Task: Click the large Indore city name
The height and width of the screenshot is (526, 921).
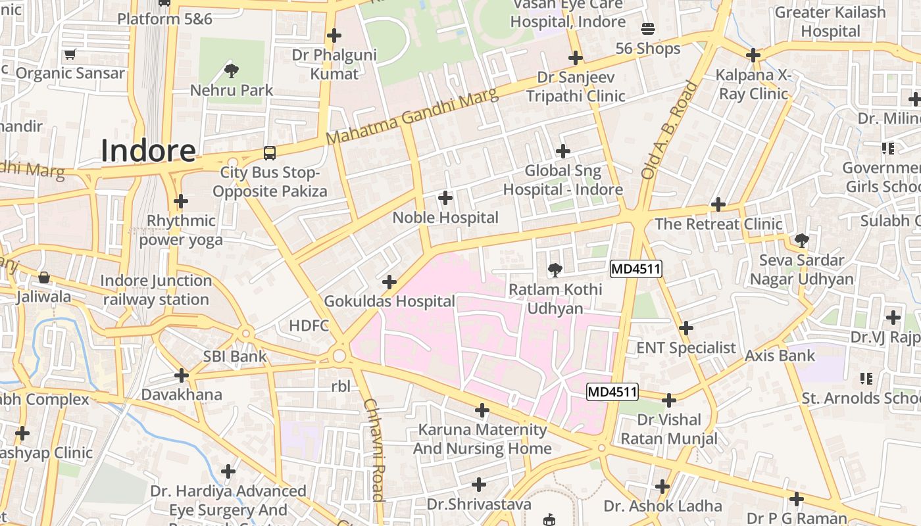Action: [x=148, y=151]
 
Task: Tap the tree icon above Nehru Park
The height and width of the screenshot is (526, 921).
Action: [x=231, y=70]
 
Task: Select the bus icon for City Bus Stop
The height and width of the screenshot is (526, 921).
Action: [x=269, y=153]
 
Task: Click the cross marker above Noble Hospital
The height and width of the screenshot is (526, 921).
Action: [x=445, y=197]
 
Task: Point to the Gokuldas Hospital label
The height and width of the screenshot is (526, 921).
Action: [x=389, y=301]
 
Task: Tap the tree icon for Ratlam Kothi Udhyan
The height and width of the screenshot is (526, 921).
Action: [x=555, y=270]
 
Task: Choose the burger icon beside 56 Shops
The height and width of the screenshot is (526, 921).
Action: [x=648, y=29]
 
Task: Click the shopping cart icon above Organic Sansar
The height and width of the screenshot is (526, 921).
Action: [x=70, y=53]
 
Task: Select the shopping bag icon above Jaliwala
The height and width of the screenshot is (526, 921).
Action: [x=44, y=277]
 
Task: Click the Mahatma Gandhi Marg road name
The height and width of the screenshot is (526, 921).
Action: [x=412, y=117]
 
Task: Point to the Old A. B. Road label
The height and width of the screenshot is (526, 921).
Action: [x=669, y=130]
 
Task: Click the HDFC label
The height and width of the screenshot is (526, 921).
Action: [x=309, y=325]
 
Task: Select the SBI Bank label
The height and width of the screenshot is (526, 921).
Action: [x=235, y=356]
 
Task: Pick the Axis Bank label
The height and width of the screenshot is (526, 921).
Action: [x=780, y=356]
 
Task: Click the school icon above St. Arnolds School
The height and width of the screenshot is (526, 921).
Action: [x=866, y=379]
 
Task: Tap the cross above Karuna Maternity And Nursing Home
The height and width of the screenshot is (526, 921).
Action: [x=482, y=410]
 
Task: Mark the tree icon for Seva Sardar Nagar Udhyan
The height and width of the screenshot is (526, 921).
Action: [x=801, y=240]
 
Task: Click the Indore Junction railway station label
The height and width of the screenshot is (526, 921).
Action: [x=157, y=290]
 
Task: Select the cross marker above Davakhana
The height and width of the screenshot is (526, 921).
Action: [x=182, y=375]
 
